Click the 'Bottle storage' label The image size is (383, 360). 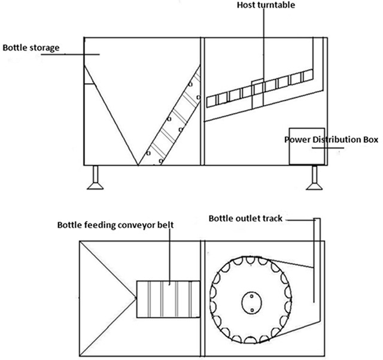[31, 47]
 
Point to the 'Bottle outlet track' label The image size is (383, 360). [245, 218]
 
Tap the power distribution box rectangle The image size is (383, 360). [307, 146]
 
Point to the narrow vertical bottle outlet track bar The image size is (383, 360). [317, 263]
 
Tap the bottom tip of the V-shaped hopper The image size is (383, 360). [139, 164]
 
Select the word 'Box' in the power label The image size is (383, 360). [371, 140]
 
